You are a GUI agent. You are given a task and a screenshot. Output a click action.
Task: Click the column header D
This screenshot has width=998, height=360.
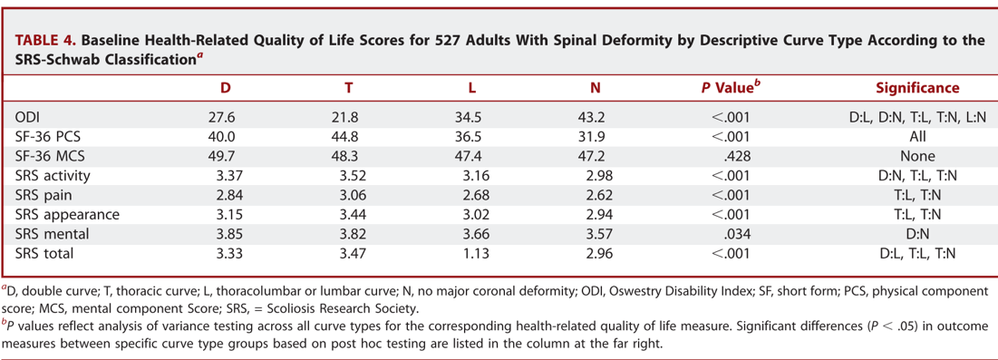pyautogui.click(x=226, y=88)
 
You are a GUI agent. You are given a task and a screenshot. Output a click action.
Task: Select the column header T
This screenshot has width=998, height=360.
pyautogui.click(x=348, y=88)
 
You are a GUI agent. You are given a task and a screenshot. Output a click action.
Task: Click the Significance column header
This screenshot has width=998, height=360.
pyautogui.click(x=917, y=88)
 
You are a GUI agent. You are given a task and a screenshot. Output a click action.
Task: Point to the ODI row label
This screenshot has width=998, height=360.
pyautogui.click(x=28, y=116)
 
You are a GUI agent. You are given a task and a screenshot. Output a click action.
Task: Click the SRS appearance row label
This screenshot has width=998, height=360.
pyautogui.click(x=66, y=215)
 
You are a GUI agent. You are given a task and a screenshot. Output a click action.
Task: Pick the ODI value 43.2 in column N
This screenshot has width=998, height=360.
pyautogui.click(x=594, y=116)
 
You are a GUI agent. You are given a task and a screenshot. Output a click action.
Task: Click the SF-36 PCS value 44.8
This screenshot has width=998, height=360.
pyautogui.click(x=349, y=136)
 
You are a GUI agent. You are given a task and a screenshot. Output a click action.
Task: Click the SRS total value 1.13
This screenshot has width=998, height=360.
pyautogui.click(x=470, y=255)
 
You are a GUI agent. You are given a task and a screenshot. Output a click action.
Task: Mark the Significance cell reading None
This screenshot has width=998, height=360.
pyautogui.click(x=917, y=156)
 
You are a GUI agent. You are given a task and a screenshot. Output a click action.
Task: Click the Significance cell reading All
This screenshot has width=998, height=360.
pyautogui.click(x=917, y=136)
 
